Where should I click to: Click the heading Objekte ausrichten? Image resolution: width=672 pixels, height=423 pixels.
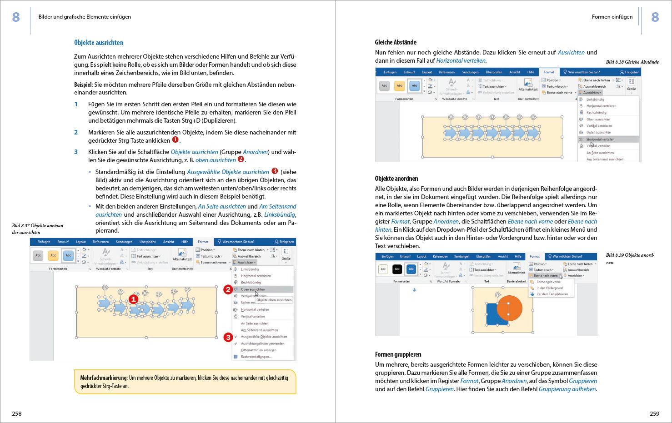tap(99, 43)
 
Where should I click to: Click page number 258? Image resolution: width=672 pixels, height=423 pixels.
tap(17, 413)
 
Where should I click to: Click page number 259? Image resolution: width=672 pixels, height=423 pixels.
tap(654, 413)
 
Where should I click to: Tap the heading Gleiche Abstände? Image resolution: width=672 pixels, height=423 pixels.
tap(396, 42)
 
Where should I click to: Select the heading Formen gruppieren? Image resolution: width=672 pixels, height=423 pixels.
tap(398, 354)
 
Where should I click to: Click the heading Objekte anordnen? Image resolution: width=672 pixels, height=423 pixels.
tap(396, 179)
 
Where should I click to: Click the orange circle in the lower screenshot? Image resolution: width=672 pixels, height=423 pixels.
tap(509, 308)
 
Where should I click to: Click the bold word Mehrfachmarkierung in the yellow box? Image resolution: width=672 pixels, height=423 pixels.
tap(103, 378)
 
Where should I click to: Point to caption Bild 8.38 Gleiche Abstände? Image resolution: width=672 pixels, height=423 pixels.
tap(632, 62)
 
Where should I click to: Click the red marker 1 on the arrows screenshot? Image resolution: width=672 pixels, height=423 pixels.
tap(133, 299)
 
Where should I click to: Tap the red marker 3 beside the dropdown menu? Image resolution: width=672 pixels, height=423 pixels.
tap(228, 337)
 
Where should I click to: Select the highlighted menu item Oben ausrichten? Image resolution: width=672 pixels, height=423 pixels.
tap(253, 289)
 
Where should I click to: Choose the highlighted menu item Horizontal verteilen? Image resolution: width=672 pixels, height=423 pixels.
tap(600, 139)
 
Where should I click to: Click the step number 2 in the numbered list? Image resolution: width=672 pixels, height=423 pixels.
tap(76, 132)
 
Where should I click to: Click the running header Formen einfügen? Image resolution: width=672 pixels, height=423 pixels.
tap(612, 17)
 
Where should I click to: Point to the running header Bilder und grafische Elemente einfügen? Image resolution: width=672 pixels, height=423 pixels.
tap(85, 17)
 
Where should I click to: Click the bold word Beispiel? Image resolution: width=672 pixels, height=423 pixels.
tap(83, 85)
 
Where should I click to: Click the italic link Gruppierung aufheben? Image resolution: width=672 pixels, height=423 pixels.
tap(567, 389)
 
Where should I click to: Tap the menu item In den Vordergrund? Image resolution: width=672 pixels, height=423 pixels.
tap(549, 288)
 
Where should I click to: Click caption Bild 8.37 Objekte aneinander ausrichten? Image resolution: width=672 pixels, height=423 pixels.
tap(38, 229)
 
